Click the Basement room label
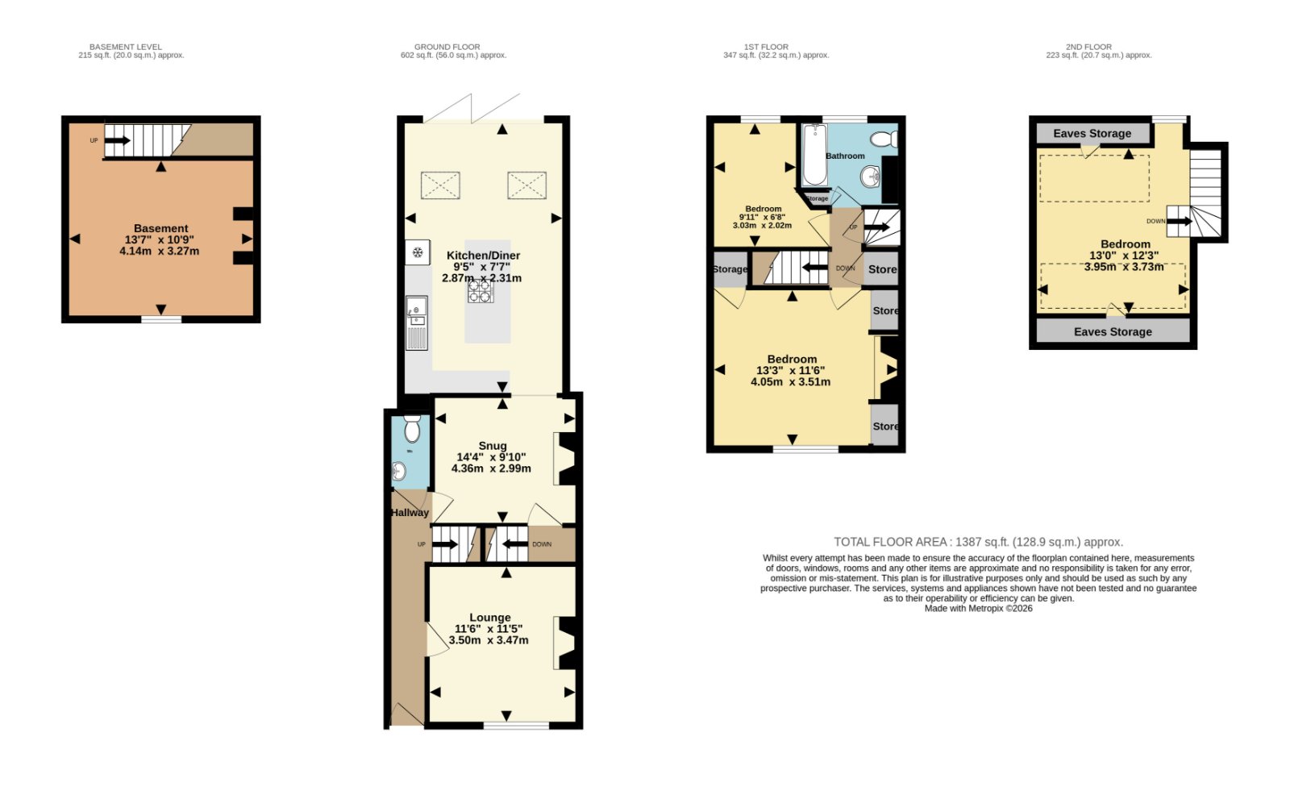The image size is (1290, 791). click(160, 229)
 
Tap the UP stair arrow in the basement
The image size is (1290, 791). click(118, 140)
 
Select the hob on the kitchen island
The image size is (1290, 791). click(481, 291)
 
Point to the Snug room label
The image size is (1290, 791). click(493, 446)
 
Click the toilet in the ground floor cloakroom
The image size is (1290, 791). click(412, 428)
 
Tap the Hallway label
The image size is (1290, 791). click(410, 513)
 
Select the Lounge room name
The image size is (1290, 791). click(489, 618)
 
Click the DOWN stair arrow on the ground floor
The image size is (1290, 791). click(515, 543)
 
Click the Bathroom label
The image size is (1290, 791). click(845, 156)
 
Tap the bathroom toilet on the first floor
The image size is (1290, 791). click(884, 139)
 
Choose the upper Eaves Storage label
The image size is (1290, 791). click(1092, 134)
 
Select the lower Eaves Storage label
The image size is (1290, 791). click(1113, 332)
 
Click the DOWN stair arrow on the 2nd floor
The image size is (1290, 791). click(1180, 221)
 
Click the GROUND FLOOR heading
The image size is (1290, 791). click(447, 47)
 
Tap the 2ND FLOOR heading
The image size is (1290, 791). click(1088, 47)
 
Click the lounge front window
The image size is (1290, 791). click(516, 726)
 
